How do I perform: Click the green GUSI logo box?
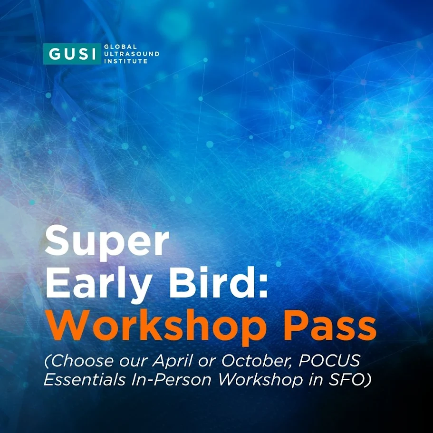pyautogui.click(x=72, y=54)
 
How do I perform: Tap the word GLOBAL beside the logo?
pyautogui.click(x=120, y=47)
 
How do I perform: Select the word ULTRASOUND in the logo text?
pyautogui.click(x=132, y=54)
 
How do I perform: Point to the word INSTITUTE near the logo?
pyautogui.click(x=126, y=61)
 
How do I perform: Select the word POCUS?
pyautogui.click(x=329, y=361)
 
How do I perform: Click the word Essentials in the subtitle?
pyautogui.click(x=85, y=379)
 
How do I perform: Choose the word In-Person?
pyautogui.click(x=171, y=379)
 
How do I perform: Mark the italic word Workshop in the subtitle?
pyautogui.click(x=260, y=380)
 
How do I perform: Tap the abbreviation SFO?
pyautogui.click(x=346, y=379)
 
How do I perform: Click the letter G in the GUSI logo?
pyautogui.click(x=54, y=54)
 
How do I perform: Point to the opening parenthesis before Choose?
pyautogui.click(x=47, y=361)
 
